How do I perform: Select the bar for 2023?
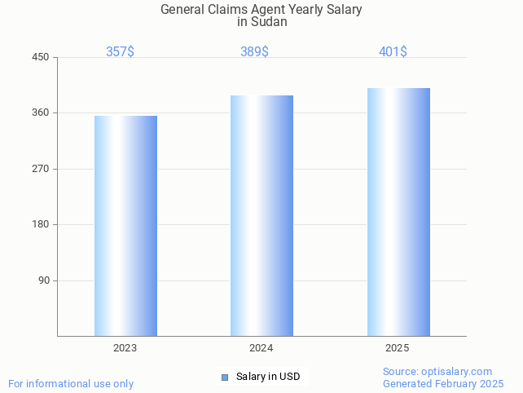125,226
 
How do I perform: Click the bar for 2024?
261,215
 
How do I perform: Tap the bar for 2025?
398,212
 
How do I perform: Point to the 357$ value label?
120,51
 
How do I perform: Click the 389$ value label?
254,51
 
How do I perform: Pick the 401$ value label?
393,51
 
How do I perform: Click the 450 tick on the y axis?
41,57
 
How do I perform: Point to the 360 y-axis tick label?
41,113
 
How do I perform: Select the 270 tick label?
41,169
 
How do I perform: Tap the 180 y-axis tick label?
41,224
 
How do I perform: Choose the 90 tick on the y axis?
44,280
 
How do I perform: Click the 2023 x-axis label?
125,348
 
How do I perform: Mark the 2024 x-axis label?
261,348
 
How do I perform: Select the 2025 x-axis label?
398,348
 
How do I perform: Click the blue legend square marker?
225,377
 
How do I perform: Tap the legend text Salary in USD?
268,377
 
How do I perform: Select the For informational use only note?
71,383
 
